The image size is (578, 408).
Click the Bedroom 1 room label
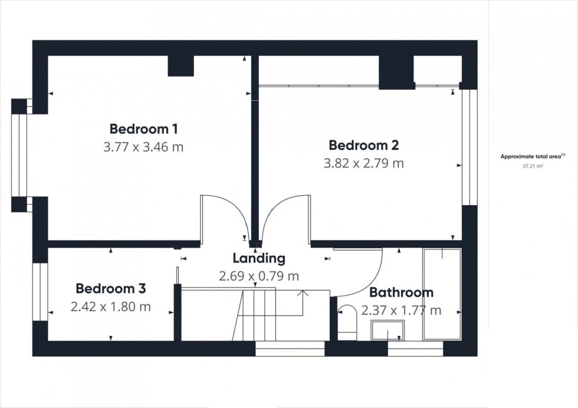(x=144, y=129)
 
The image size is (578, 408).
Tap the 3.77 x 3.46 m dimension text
(x=143, y=147)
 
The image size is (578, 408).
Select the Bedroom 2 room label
(x=364, y=144)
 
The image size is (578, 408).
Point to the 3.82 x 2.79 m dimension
(x=364, y=163)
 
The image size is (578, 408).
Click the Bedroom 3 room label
(x=111, y=289)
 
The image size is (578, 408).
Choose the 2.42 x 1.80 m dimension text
(x=111, y=307)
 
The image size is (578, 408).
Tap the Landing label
(x=259, y=258)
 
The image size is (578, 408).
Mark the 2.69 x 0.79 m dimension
(x=259, y=275)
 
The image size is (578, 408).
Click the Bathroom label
(x=401, y=292)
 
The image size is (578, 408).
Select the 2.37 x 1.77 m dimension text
(x=401, y=310)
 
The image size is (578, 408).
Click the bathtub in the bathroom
(x=442, y=294)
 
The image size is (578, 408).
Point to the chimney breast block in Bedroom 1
(x=181, y=65)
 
